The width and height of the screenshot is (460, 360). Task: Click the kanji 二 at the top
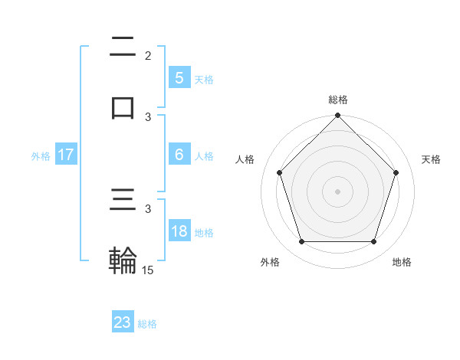point(123,47)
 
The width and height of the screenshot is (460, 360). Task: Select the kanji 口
point(123,107)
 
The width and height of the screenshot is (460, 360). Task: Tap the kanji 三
point(123,201)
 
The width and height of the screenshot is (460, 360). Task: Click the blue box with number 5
point(179,77)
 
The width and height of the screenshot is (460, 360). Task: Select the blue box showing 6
point(179,155)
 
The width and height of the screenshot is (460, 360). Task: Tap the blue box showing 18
point(179,231)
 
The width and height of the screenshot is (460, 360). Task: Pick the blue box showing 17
point(66,155)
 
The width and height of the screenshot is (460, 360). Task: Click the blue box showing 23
point(123,322)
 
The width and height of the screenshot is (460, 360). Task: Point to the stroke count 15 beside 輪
point(148,270)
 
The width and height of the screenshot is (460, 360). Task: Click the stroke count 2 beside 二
point(148,55)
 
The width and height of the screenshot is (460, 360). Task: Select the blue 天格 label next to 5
point(204,79)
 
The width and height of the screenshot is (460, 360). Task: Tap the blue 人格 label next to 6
point(204,156)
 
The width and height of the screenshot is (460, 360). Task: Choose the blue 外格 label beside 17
point(41,156)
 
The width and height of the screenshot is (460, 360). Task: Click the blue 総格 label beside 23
point(148,324)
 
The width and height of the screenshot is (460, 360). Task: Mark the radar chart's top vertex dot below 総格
point(337,116)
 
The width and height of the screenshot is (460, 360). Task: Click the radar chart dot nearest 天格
point(396,172)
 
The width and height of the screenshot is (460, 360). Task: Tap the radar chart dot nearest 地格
point(373,242)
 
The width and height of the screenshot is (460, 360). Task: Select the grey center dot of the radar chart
point(337,191)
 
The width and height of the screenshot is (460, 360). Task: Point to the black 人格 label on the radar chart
point(245,159)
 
